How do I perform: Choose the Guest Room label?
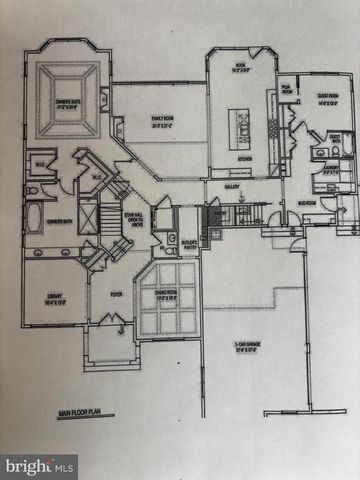[x=326, y=98]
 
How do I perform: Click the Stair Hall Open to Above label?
[x=135, y=217]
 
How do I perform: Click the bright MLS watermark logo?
[x=40, y=466]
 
